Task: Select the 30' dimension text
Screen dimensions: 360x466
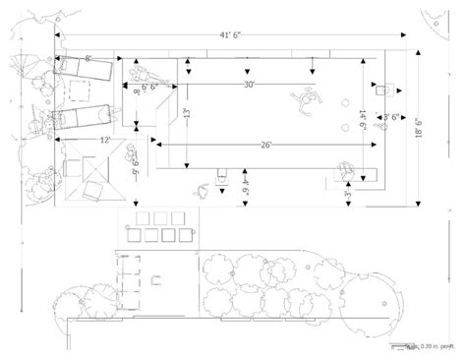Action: [x=253, y=86]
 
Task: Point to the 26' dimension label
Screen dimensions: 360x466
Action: [x=266, y=145]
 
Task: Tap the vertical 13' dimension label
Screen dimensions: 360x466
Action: [x=188, y=114]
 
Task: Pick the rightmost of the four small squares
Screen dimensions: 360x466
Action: [x=182, y=217]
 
